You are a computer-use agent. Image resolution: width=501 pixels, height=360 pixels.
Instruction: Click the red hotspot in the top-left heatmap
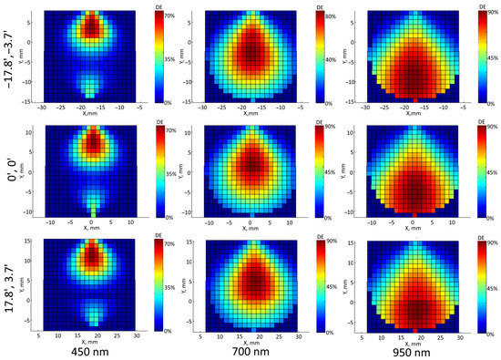[x=91, y=26]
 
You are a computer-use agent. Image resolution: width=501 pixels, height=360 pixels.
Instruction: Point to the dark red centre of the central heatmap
[x=250, y=164]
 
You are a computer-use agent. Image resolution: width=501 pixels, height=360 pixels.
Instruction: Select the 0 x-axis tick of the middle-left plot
[x=91, y=224]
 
